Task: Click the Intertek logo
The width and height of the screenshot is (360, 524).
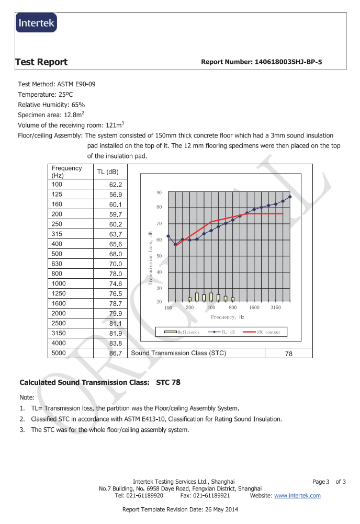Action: pyautogui.click(x=36, y=23)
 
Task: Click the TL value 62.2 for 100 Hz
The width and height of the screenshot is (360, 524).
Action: pyautogui.click(x=115, y=185)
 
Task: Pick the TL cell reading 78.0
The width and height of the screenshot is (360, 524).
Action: pyautogui.click(x=115, y=274)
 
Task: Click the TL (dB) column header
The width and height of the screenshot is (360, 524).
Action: pyautogui.click(x=108, y=172)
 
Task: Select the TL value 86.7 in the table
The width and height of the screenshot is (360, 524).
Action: pyautogui.click(x=115, y=353)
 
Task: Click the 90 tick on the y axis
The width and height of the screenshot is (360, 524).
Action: pyautogui.click(x=159, y=193)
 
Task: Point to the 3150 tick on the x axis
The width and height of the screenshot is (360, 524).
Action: pyautogui.click(x=276, y=308)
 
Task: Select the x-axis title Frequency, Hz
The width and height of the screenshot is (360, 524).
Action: pyautogui.click(x=228, y=317)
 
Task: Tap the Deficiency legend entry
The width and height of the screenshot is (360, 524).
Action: pyautogui.click(x=183, y=332)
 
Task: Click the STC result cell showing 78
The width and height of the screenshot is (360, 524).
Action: pyautogui.click(x=288, y=354)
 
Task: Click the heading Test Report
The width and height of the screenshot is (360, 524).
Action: pyautogui.click(x=42, y=62)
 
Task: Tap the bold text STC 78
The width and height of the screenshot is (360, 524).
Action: pyautogui.click(x=168, y=382)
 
